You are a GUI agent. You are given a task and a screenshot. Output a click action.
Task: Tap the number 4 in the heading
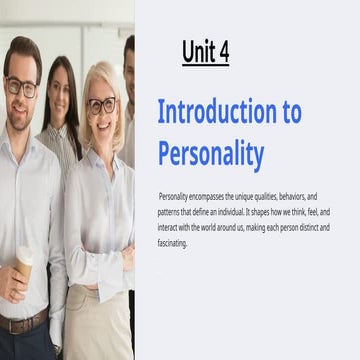click(223, 52)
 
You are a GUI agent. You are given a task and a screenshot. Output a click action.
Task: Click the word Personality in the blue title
click(211, 154)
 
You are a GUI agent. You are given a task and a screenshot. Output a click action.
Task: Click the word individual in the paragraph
click(250, 213)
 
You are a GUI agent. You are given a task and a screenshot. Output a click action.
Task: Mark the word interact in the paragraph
click(171, 228)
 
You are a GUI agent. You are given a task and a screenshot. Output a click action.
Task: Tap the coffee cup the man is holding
click(23, 262)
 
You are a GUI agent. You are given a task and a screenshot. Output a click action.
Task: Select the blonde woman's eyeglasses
click(102, 104)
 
